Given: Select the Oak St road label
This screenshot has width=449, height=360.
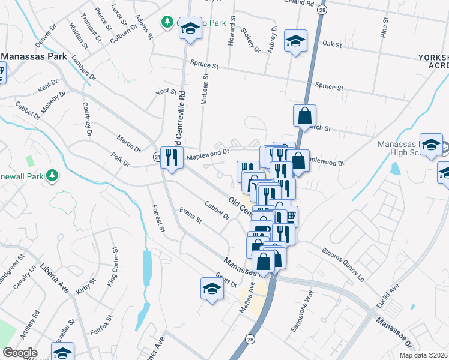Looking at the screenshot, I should click(x=331, y=44).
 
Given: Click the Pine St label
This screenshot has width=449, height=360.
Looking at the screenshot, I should click(x=384, y=28).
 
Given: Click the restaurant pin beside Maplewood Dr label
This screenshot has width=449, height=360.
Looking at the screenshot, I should click(x=173, y=157).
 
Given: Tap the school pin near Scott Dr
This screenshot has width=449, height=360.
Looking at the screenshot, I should click(x=211, y=289).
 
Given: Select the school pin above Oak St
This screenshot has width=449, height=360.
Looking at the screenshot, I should click(x=295, y=41).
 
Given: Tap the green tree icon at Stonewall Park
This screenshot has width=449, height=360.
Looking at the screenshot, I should click(x=52, y=175).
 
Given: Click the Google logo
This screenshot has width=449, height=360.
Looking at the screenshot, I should click(x=20, y=353).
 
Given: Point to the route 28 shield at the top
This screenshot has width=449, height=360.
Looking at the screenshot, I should click(x=322, y=11).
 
